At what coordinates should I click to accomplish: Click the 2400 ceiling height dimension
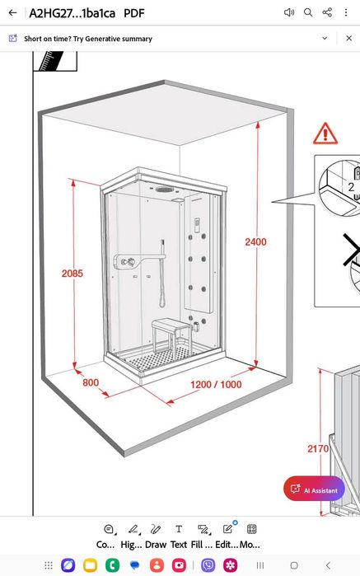(255, 241)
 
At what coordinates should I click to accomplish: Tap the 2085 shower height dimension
(72, 274)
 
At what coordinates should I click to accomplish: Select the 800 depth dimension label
(91, 383)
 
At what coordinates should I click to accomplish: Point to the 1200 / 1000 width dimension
(216, 385)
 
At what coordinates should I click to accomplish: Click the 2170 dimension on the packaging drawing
(318, 448)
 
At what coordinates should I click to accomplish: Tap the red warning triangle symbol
(325, 133)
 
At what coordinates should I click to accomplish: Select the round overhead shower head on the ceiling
(164, 190)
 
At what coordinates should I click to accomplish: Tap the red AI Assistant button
(314, 489)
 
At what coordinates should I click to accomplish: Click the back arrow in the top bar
(13, 13)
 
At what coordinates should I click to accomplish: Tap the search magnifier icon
(308, 13)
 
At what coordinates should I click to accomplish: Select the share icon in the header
(327, 12)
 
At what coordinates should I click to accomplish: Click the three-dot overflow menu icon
(346, 13)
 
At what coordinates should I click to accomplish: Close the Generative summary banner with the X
(349, 38)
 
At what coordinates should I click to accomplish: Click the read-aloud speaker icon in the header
(289, 13)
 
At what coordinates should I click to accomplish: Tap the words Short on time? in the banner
(48, 39)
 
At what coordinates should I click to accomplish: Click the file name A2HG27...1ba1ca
(72, 13)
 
